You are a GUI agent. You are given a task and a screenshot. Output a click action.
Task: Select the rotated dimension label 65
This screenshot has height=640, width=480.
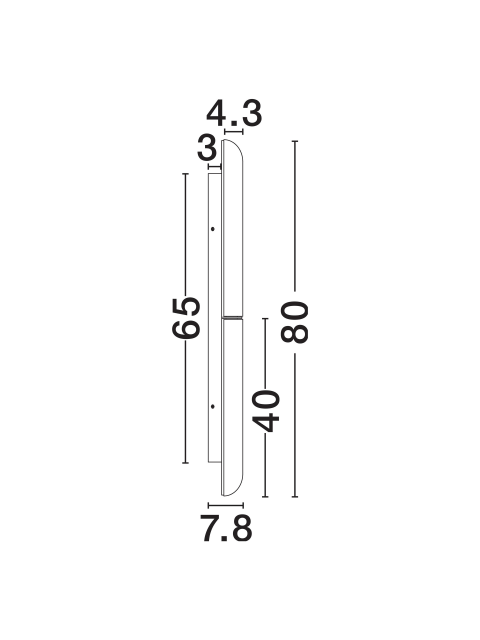coord(185,318)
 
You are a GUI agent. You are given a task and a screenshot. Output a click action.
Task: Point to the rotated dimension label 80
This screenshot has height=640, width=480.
coord(294,322)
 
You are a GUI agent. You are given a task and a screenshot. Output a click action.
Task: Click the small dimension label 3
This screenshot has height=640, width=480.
coord(207,151)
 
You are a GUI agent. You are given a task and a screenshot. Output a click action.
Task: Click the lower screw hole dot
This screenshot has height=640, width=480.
coord(212,406)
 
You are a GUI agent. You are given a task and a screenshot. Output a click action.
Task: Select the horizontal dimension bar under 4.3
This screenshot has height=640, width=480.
coord(233,132)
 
